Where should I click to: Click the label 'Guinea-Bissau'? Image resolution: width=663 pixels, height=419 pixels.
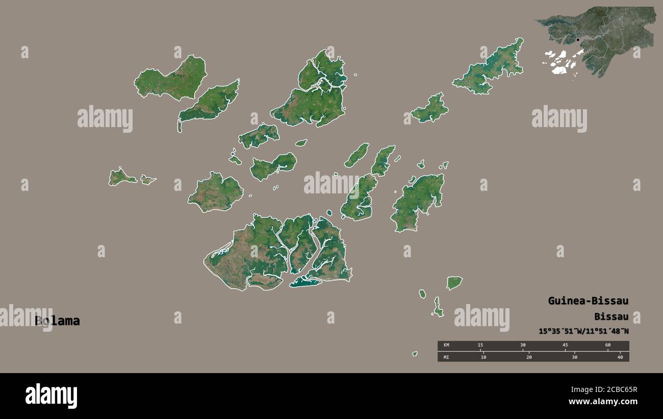pos(588,301)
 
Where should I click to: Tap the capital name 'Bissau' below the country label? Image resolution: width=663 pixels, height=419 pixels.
pos(611,316)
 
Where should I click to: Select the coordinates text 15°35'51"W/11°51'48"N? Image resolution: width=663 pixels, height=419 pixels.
pos(583,331)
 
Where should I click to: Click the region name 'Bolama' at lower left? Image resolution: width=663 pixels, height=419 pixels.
pos(57,321)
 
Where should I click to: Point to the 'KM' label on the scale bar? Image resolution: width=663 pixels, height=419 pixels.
pos(446,346)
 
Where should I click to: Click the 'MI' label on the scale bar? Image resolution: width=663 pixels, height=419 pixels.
pos(446,357)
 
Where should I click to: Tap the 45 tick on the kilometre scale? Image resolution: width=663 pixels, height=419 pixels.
pos(565,346)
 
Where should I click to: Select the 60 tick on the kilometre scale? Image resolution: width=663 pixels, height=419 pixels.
pos(607,346)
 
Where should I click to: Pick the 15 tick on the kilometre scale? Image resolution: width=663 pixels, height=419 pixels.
pos(480,346)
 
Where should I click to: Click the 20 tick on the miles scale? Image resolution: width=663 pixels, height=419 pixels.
pos(529,357)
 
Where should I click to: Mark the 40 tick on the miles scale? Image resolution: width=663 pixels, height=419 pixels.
pos(620,357)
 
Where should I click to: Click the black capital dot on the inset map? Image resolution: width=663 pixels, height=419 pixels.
pos(578,40)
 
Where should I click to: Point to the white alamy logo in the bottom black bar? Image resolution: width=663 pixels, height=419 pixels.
pos(51,397)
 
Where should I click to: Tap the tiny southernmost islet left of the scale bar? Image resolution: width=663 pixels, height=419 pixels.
pos(415,354)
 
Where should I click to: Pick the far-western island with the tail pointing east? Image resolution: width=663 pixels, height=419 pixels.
pos(121,177)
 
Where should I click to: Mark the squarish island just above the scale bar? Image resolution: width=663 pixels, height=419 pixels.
pos(454,282)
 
